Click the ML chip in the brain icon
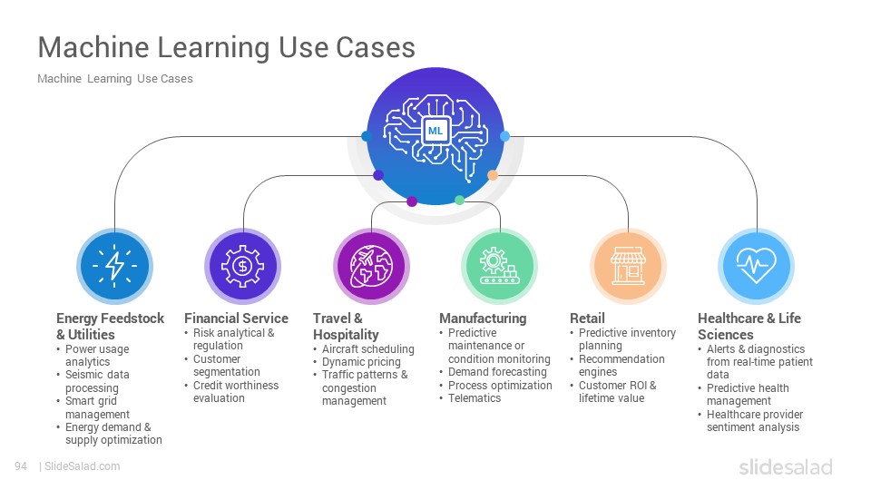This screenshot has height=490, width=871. click(x=435, y=131)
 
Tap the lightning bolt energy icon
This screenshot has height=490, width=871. click(x=114, y=266)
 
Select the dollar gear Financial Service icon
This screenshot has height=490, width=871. click(x=243, y=266)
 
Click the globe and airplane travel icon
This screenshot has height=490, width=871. click(x=372, y=266)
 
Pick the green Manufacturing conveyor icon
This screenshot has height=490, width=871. click(x=499, y=266)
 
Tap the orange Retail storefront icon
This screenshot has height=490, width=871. click(x=628, y=266)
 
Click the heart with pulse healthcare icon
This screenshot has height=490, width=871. click(x=756, y=265)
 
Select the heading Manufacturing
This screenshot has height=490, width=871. click(x=483, y=318)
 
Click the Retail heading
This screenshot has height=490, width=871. click(x=587, y=318)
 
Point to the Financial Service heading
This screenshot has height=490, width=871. click(x=236, y=318)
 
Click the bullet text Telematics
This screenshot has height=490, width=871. click(x=475, y=398)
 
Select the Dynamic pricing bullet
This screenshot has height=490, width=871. click(x=361, y=362)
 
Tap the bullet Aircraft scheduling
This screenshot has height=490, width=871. click(x=367, y=348)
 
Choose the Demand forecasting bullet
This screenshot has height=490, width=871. click(x=497, y=372)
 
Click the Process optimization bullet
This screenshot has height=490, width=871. click(x=500, y=386)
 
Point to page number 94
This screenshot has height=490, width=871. click(x=21, y=466)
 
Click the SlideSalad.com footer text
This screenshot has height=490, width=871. click(x=82, y=466)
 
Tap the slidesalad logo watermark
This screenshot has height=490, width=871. click(x=786, y=467)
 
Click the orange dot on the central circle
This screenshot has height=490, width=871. click(x=493, y=175)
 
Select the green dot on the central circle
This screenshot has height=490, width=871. click(x=459, y=200)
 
